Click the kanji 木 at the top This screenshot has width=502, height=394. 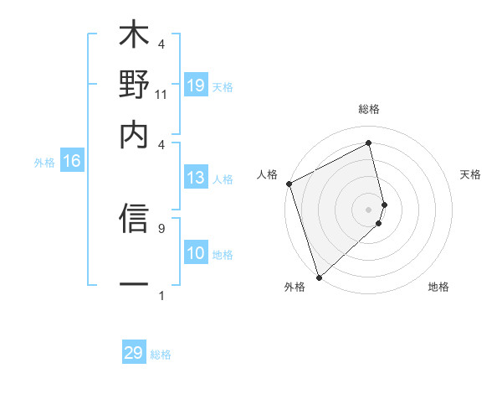tap(134, 37)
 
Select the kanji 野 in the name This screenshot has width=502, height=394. tap(134, 86)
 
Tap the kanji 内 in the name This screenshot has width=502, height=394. tap(134, 134)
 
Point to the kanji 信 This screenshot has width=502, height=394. tap(134, 219)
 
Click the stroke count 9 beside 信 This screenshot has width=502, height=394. tap(161, 226)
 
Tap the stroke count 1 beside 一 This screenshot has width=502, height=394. tap(161, 295)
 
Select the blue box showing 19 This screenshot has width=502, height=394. tap(195, 86)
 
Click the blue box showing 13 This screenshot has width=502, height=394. tap(195, 178)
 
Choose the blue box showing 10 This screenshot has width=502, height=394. tap(195, 254)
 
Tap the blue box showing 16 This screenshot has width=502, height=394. tap(72, 162)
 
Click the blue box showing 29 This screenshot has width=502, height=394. tap(134, 353)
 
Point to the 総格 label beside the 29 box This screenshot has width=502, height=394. tap(161, 355)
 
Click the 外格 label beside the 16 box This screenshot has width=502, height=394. tap(44, 163)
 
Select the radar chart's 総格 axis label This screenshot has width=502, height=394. tap(369, 109)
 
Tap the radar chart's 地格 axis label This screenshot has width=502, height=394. tap(438, 288)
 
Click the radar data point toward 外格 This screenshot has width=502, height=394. tap(319, 277)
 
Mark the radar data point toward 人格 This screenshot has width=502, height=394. tap(289, 184)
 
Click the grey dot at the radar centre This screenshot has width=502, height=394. tap(369, 209)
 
